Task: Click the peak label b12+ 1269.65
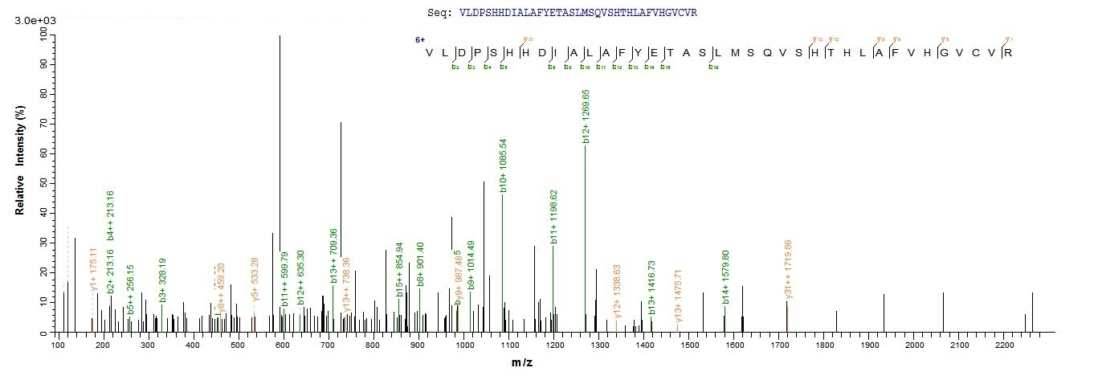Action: tap(587, 118)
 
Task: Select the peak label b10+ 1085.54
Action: tap(504, 167)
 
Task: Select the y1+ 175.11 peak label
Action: tap(93, 272)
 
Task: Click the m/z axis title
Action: tap(521, 363)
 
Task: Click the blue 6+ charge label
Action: tap(419, 39)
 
